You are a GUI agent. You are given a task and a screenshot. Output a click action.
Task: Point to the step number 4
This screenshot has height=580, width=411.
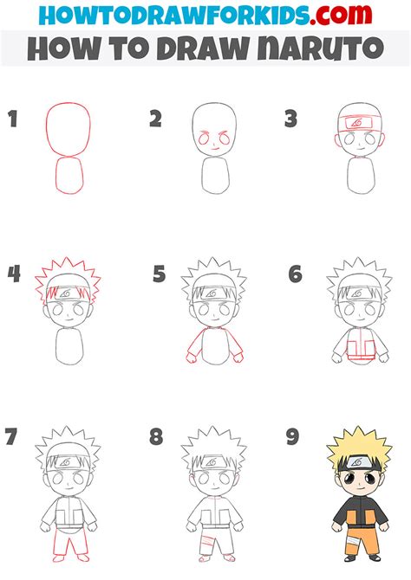coord(13,275)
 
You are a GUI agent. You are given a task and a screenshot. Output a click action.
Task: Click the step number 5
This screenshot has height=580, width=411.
coord(159,275)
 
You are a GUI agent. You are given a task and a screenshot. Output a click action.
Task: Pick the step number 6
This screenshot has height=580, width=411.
coord(296,275)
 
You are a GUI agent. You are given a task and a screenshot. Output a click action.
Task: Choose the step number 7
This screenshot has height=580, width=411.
coord(13,437)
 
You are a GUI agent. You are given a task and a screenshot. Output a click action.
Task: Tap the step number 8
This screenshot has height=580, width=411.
coord(156,437)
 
